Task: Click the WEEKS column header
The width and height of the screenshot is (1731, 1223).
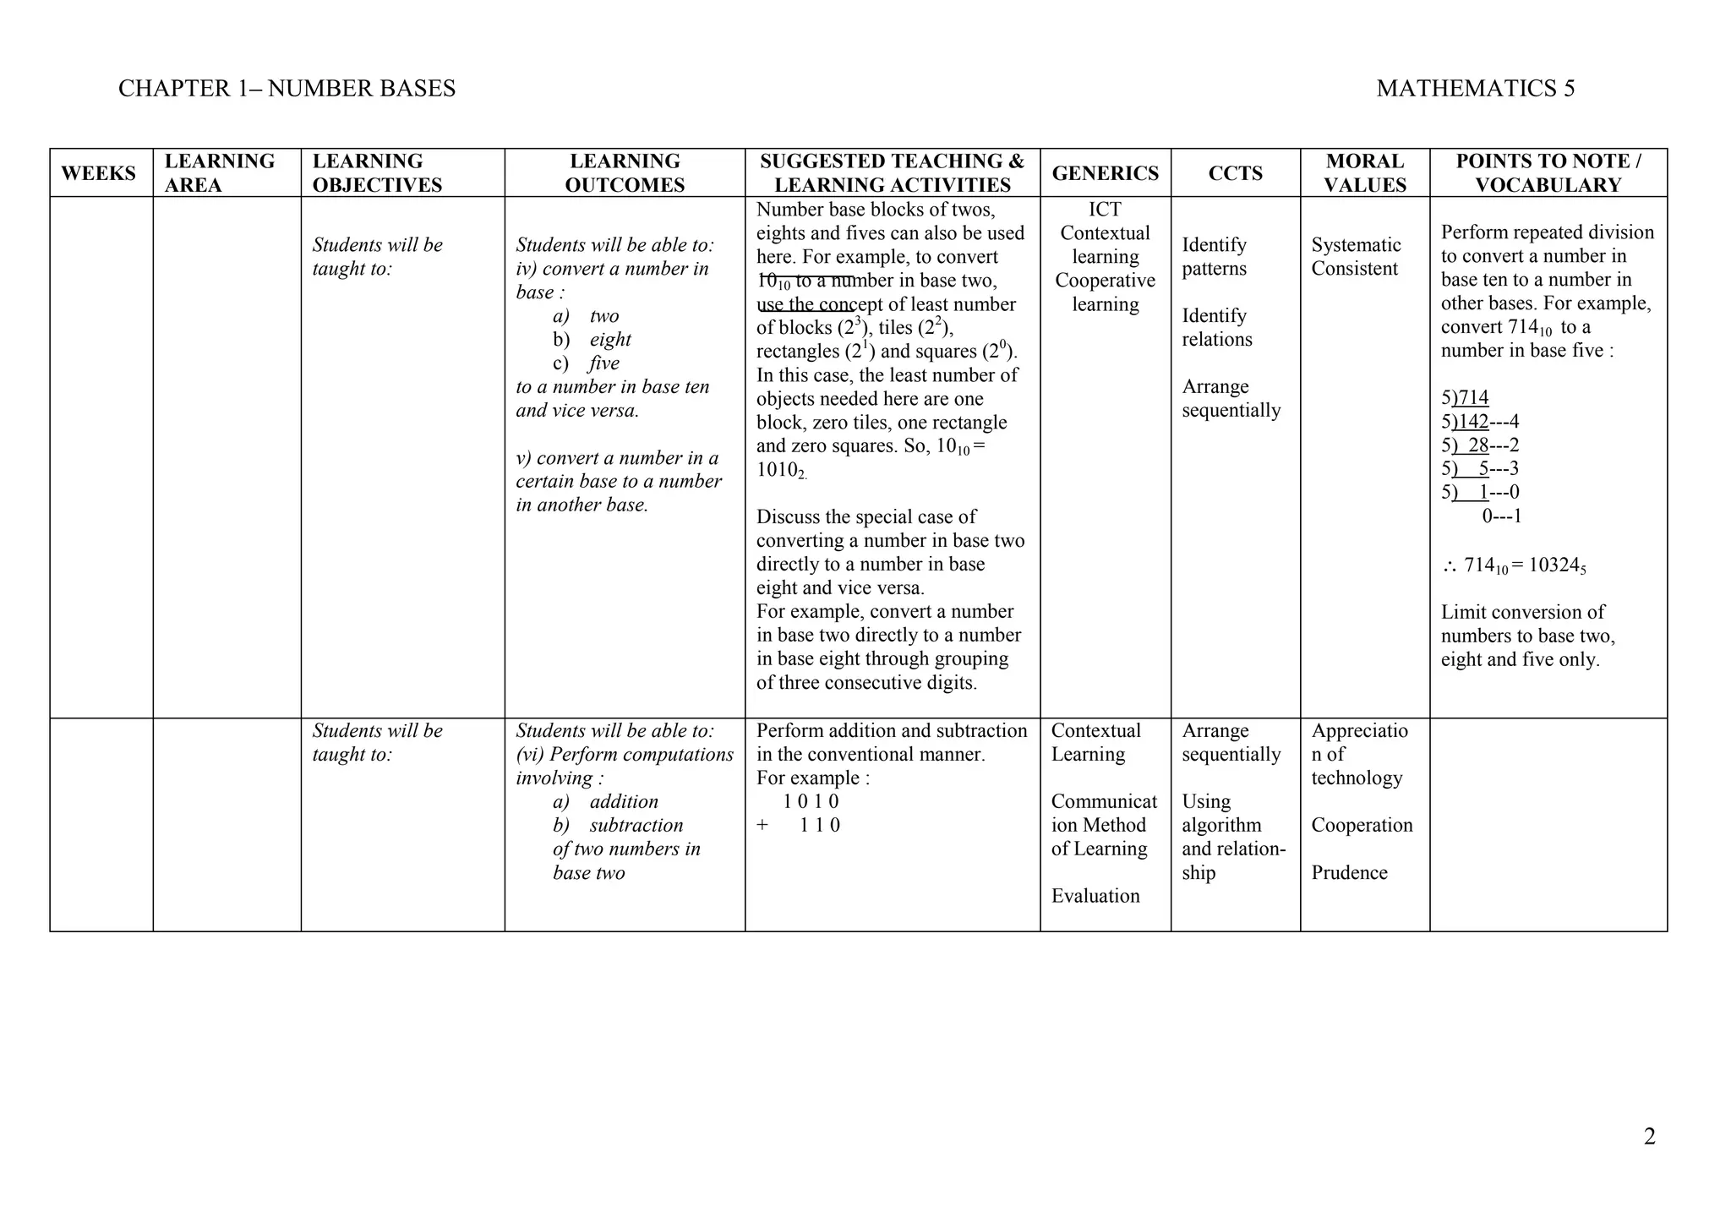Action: coord(98,173)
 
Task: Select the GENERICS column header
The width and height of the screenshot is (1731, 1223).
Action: coord(1105,173)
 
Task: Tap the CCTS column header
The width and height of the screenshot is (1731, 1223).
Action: coord(1235,173)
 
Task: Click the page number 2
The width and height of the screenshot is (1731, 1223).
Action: coord(1649,1137)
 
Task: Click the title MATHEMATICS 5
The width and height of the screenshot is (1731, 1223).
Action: coord(1475,89)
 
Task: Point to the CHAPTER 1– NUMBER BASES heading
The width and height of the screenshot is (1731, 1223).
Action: coord(287,89)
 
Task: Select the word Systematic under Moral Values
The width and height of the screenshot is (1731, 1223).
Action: coord(1356,245)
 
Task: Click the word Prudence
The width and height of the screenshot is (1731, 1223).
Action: coord(1349,873)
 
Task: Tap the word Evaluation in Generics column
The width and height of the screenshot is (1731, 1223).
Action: coord(1095,896)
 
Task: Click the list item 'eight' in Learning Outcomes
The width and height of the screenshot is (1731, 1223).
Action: coord(610,340)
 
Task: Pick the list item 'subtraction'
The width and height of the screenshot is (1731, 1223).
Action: coord(636,826)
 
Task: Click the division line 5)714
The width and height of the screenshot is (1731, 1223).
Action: coord(1465,398)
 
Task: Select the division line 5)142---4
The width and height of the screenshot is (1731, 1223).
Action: coord(1480,422)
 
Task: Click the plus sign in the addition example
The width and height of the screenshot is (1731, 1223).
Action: coord(762,826)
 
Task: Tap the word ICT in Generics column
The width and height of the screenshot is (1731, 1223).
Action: coord(1105,210)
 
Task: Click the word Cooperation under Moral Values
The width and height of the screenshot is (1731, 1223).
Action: coord(1362,826)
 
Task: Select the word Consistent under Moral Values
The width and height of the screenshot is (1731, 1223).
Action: coord(1354,269)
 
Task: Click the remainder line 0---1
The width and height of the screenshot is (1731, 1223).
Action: coord(1501,516)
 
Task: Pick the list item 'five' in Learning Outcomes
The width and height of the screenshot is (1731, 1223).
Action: coord(604,363)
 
